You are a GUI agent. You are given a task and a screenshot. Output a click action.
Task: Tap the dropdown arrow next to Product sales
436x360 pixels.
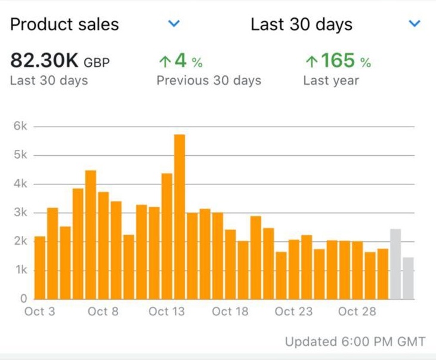(174, 24)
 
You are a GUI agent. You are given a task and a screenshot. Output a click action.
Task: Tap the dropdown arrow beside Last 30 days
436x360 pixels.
(415, 24)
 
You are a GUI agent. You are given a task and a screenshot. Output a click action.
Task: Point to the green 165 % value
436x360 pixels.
(337, 61)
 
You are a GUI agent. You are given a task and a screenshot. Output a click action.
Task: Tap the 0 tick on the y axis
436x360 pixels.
(24, 299)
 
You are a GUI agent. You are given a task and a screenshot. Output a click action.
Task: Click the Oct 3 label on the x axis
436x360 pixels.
(40, 312)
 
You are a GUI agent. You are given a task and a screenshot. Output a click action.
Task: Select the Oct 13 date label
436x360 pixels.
(166, 312)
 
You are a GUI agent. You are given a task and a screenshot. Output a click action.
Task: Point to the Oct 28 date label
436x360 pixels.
(356, 312)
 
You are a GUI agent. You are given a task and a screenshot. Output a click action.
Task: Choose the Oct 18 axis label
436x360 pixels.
(230, 312)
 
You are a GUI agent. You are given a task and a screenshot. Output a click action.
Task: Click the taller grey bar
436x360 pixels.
(395, 263)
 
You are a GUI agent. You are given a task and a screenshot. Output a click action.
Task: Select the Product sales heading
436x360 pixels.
(64, 24)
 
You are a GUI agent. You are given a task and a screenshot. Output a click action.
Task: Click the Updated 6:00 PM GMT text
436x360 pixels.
(355, 342)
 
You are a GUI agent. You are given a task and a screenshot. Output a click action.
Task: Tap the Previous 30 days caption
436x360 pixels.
(209, 81)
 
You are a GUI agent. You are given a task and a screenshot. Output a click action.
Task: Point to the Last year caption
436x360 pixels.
(331, 81)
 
